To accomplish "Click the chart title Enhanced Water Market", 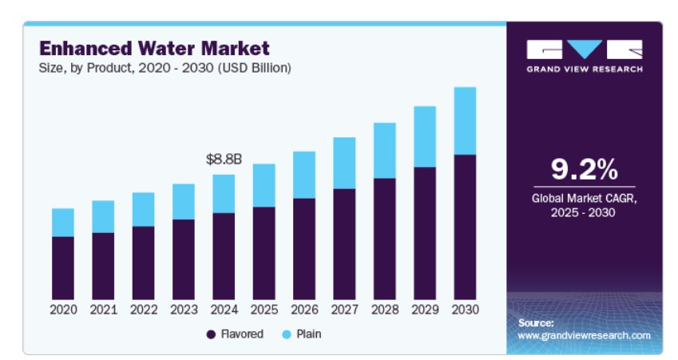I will coord(154,48).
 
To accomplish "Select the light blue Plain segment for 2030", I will coord(464,121).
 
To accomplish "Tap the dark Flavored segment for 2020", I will coord(63,267).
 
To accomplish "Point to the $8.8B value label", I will coord(224,160).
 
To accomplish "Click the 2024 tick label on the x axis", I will coord(224,310).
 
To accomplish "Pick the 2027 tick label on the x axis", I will coord(343,310).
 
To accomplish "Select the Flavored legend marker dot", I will coord(211,334).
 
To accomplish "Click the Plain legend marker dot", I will coord(286,334).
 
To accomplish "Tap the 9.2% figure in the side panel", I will coord(585,169).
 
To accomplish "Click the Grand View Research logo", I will coord(585,55).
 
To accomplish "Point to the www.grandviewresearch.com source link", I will coord(584,336).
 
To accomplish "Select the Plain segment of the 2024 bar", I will coord(224,194).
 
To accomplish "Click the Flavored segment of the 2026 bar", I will coord(303,248).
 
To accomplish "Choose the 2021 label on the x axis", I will coord(103,310).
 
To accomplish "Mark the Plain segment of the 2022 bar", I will coord(143,209).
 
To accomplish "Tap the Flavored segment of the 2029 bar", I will coord(424,233).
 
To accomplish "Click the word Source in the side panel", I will coord(536,323).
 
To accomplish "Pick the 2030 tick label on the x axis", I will coord(464,310).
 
